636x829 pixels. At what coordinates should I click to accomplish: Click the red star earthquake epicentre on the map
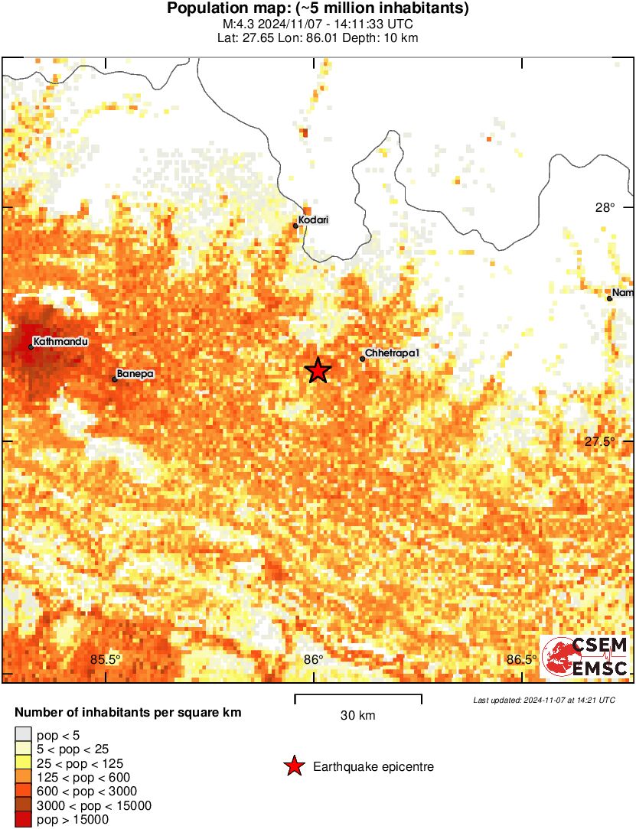318,370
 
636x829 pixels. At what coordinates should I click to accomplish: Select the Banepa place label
135,374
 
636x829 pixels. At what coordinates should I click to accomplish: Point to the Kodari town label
312,220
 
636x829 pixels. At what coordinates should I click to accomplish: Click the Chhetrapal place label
393,353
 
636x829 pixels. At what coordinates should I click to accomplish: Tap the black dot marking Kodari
295,226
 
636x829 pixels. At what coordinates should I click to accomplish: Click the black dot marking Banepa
115,379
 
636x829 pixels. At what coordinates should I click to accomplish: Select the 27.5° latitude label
600,441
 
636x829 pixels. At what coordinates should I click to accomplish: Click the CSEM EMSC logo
585,657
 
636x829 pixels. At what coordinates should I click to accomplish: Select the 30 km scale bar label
357,716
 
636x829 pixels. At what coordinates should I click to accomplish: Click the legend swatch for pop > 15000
24,820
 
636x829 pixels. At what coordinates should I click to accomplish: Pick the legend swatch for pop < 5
24,734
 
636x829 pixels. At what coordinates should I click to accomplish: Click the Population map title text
318,9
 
